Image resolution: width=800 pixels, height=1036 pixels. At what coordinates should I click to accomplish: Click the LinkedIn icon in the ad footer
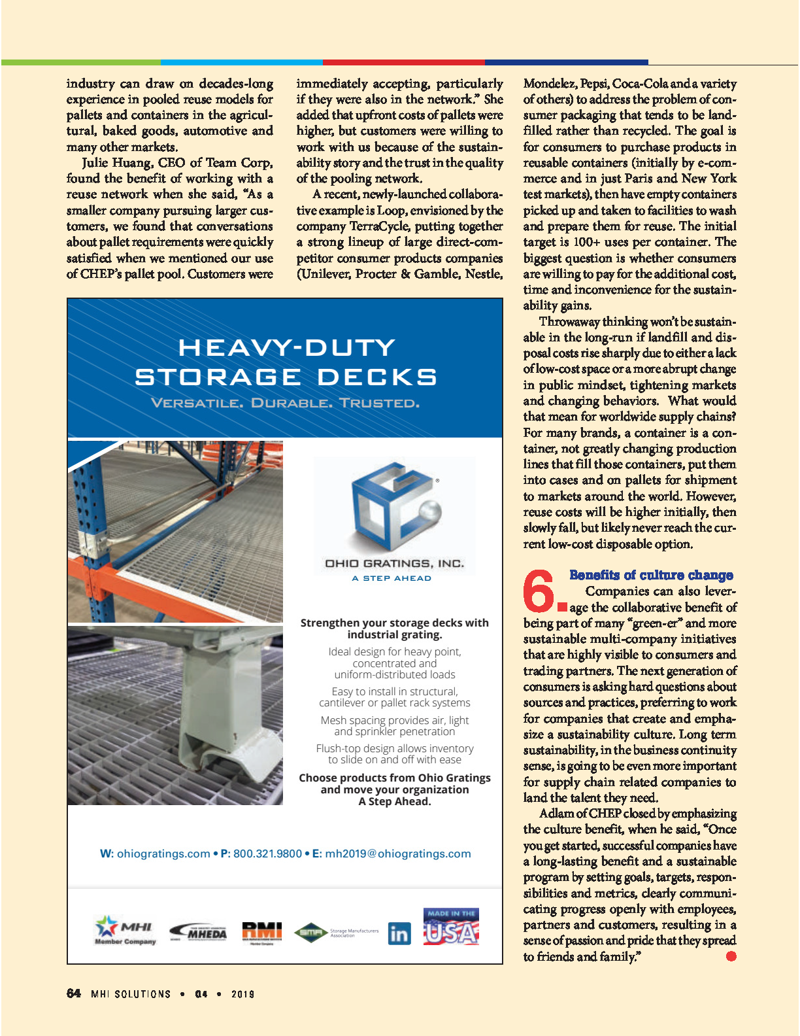pyautogui.click(x=399, y=933)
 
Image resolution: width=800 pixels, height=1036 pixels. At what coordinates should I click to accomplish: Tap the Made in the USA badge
pyautogui.click(x=451, y=927)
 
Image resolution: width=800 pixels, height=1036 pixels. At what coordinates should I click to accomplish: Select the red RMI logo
pyautogui.click(x=261, y=931)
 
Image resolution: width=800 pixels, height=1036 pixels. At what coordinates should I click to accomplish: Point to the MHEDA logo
pyautogui.click(x=199, y=932)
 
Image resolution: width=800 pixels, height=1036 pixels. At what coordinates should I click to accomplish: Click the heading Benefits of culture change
pyautogui.click(x=651, y=575)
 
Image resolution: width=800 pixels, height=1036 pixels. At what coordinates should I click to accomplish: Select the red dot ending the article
pyautogui.click(x=731, y=956)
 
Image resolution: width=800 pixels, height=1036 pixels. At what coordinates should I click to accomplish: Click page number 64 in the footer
pyautogui.click(x=74, y=993)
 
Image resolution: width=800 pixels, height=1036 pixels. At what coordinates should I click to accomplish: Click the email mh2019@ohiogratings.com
pyautogui.click(x=397, y=854)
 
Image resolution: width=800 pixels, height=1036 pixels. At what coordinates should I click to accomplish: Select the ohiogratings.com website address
pyautogui.click(x=163, y=854)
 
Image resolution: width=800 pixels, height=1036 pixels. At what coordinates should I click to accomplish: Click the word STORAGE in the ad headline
pyautogui.click(x=218, y=377)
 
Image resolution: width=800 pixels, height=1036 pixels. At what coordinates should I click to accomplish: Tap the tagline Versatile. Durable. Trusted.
pyautogui.click(x=285, y=403)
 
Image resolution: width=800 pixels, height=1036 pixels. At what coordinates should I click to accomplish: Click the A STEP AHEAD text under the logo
pyautogui.click(x=392, y=578)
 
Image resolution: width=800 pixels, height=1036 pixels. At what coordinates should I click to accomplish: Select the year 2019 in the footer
pyautogui.click(x=242, y=994)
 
